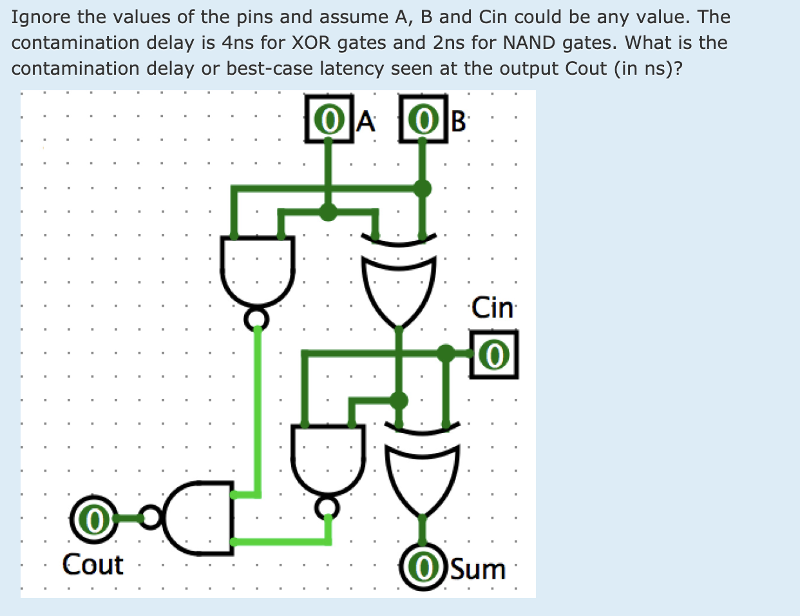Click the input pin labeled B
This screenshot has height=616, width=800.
coord(423,119)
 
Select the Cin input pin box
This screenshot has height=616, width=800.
coord(494,354)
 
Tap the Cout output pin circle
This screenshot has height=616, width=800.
coord(94,519)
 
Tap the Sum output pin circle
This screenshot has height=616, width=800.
coord(423,567)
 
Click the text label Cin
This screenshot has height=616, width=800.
coord(493,308)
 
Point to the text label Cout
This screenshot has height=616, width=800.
coord(93,565)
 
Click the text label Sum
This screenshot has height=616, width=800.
coord(478,570)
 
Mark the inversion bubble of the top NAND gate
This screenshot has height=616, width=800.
coord(257,318)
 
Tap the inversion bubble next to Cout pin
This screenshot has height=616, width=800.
coord(151,517)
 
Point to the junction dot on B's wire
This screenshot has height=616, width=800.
coord(422,189)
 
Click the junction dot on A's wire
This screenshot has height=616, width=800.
coord(329,211)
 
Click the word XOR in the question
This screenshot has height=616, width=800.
coord(312,43)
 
